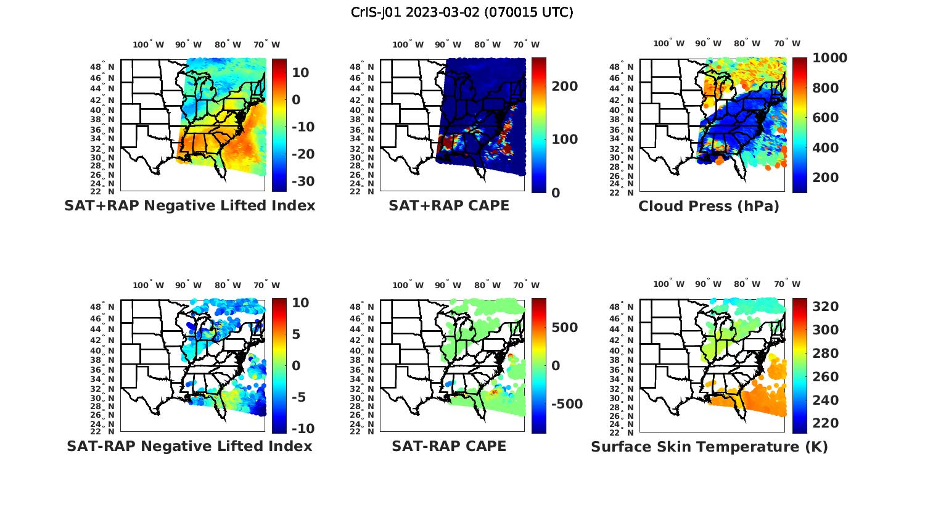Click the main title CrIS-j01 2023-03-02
tap(462, 12)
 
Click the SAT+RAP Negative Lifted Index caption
tap(189, 205)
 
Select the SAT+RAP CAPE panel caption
tap(449, 205)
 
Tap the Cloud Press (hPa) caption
tap(709, 206)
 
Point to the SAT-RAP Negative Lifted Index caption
tap(189, 446)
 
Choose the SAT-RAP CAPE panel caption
tap(449, 446)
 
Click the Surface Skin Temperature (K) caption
tap(709, 447)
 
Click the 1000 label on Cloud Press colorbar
tap(829, 58)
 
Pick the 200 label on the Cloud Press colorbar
tap(826, 178)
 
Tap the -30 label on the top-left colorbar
tap(303, 181)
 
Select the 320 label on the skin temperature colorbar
tap(826, 307)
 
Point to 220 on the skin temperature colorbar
tap(826, 423)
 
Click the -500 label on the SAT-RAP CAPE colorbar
tap(566, 404)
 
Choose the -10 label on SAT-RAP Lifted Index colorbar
tap(302, 429)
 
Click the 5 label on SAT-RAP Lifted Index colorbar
tap(296, 334)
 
